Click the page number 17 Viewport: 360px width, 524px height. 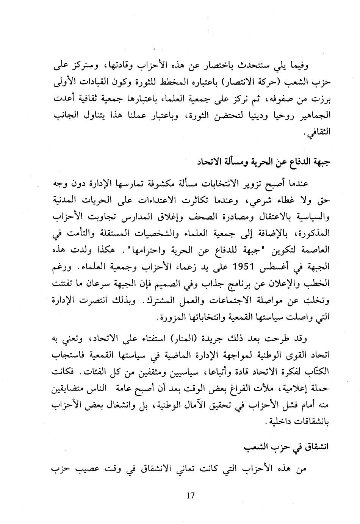point(190,495)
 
